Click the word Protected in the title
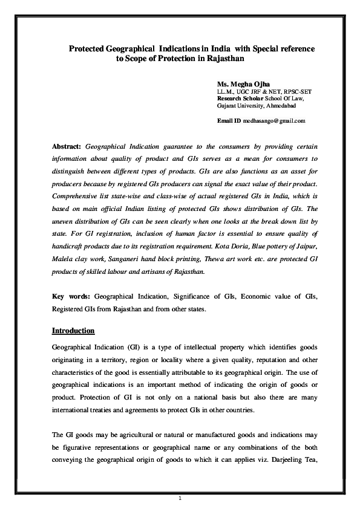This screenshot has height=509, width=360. [87, 47]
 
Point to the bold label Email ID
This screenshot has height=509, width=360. [229, 121]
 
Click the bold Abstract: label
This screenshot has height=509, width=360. [67, 147]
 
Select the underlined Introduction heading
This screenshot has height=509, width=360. [73, 331]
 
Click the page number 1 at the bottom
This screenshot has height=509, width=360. [180, 498]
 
